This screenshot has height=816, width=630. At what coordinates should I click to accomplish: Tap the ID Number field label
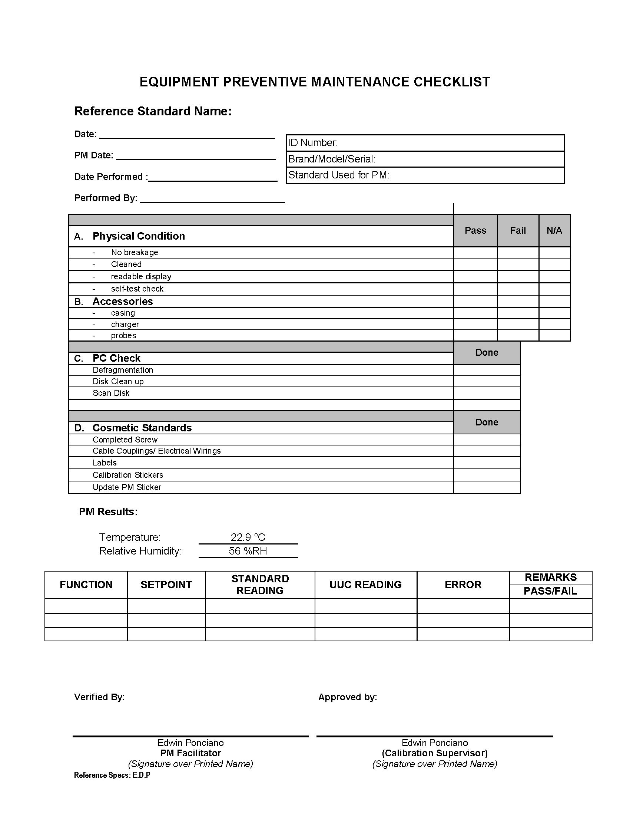tap(313, 143)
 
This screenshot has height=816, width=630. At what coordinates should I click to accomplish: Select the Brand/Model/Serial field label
tap(332, 159)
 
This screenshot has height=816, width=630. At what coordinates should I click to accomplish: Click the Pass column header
tap(475, 231)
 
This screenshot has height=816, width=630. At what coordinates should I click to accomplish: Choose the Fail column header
tap(518, 231)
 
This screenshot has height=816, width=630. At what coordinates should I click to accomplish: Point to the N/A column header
tap(554, 231)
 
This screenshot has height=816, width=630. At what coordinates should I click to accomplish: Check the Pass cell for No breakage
tap(475, 253)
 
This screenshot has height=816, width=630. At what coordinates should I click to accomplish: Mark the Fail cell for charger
tap(518, 324)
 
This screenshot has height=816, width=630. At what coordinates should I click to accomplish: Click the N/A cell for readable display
tap(554, 276)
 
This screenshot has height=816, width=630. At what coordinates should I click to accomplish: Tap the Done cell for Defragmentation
tap(487, 370)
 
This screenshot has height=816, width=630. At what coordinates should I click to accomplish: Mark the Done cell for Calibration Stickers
tap(487, 475)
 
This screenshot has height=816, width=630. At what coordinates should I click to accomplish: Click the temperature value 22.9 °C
tap(248, 537)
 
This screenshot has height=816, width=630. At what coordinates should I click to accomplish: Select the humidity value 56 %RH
tap(248, 551)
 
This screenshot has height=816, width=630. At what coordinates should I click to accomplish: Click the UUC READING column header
tap(365, 585)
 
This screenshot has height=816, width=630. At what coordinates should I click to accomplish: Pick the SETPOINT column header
tap(166, 585)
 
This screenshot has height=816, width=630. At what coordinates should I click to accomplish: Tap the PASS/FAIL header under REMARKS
tap(550, 591)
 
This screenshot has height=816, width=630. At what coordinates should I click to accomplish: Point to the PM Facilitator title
tap(190, 753)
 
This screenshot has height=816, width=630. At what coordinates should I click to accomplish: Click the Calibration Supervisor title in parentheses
tap(434, 753)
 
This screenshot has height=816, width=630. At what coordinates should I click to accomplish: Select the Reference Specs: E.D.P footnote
tap(112, 775)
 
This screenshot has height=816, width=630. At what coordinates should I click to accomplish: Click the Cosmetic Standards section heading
tap(142, 428)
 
